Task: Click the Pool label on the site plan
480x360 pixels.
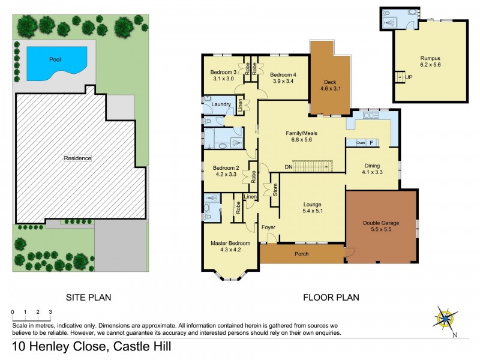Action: click(60, 59)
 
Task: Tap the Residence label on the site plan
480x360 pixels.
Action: click(78, 158)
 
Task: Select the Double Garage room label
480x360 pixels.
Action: click(381, 223)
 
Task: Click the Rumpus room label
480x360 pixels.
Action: click(430, 58)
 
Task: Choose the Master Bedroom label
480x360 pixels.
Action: click(226, 243)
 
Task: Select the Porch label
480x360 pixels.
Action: click(301, 254)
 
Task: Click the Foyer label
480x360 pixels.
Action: click(268, 227)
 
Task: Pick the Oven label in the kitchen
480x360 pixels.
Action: click(361, 143)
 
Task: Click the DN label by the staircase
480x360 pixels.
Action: click(288, 166)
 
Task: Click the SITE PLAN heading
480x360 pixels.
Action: click(88, 297)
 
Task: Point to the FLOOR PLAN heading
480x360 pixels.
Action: click(331, 297)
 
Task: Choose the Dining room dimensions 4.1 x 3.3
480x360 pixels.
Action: click(372, 172)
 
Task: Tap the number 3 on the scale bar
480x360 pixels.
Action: click(50, 312)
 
